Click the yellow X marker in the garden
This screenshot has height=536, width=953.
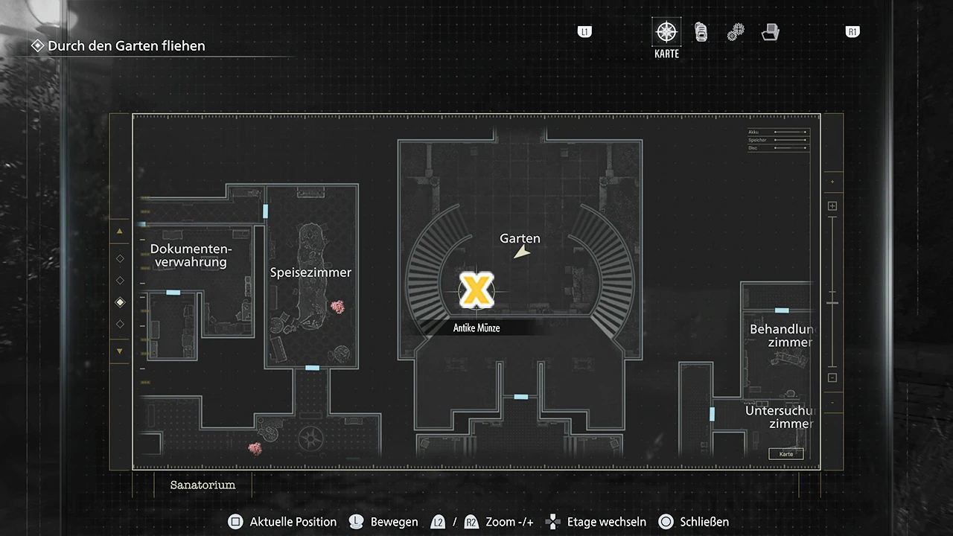pyautogui.click(x=476, y=290)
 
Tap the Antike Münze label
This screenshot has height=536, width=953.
pyautogui.click(x=476, y=328)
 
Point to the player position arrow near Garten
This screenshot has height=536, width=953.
pyautogui.click(x=523, y=253)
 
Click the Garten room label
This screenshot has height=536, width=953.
pyautogui.click(x=520, y=238)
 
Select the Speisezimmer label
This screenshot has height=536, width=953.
pyautogui.click(x=310, y=272)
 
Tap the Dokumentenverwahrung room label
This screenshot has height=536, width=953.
pyautogui.click(x=191, y=255)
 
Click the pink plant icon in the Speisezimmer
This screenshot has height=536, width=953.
pyautogui.click(x=338, y=307)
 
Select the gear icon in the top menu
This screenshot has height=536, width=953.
pyautogui.click(x=736, y=32)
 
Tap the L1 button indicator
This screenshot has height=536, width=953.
pyautogui.click(x=584, y=32)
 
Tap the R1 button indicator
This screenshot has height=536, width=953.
pyautogui.click(x=852, y=32)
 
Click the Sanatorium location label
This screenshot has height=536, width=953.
pyautogui.click(x=203, y=485)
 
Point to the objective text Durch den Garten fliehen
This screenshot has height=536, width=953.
pyautogui.click(x=126, y=45)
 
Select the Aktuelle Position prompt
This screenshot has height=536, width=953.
pyautogui.click(x=284, y=522)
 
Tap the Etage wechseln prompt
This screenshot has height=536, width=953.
pyautogui.click(x=596, y=522)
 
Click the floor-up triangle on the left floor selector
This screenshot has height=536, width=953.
pyautogui.click(x=120, y=232)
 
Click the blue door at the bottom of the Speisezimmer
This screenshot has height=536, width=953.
pyautogui.click(x=312, y=368)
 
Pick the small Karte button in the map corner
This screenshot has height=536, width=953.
pyautogui.click(x=786, y=454)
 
